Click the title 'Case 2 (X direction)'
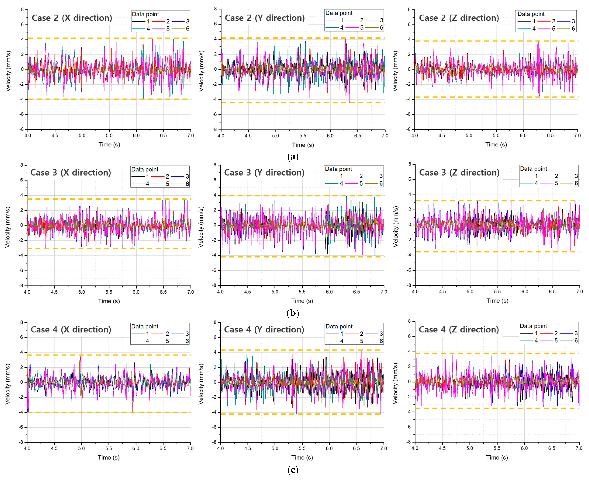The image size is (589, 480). (x=72, y=18)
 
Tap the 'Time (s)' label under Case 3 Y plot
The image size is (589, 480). (x=302, y=301)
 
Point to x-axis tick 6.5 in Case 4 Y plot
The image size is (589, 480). (x=356, y=448)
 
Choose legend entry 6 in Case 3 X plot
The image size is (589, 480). (x=187, y=184)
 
